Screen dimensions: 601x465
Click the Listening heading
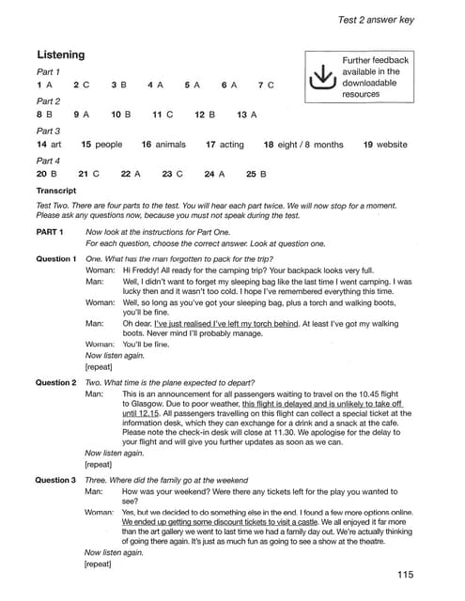(x=60, y=55)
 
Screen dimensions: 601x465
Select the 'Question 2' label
(x=55, y=382)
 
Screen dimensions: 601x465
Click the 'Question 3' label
(x=55, y=480)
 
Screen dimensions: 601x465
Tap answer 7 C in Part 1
(x=265, y=85)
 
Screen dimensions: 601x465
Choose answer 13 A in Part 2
(x=247, y=115)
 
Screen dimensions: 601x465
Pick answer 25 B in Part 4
(x=256, y=174)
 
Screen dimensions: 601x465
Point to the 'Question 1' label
(x=55, y=258)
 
